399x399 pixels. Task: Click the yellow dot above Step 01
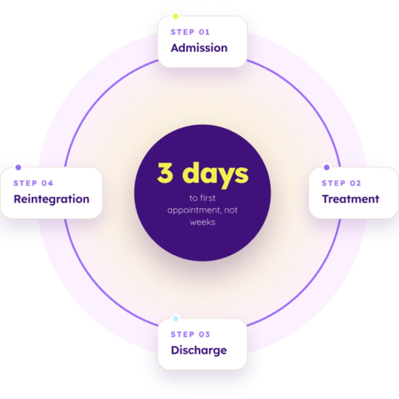176,16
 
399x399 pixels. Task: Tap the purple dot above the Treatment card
327,167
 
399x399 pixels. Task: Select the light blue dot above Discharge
176,319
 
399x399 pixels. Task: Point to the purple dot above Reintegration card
18,167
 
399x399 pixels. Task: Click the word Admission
199,48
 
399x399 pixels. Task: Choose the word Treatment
350,199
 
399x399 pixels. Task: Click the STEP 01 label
190,32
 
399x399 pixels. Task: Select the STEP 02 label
341,183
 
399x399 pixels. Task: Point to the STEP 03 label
190,334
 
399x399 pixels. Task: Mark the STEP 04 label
33,183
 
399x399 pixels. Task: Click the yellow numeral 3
165,173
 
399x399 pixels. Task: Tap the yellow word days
215,175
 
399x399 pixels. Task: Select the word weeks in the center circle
202,222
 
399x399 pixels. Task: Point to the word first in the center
208,198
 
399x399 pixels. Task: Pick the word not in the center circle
231,210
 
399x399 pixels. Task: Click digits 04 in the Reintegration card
48,183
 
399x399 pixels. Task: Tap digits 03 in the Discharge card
204,334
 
